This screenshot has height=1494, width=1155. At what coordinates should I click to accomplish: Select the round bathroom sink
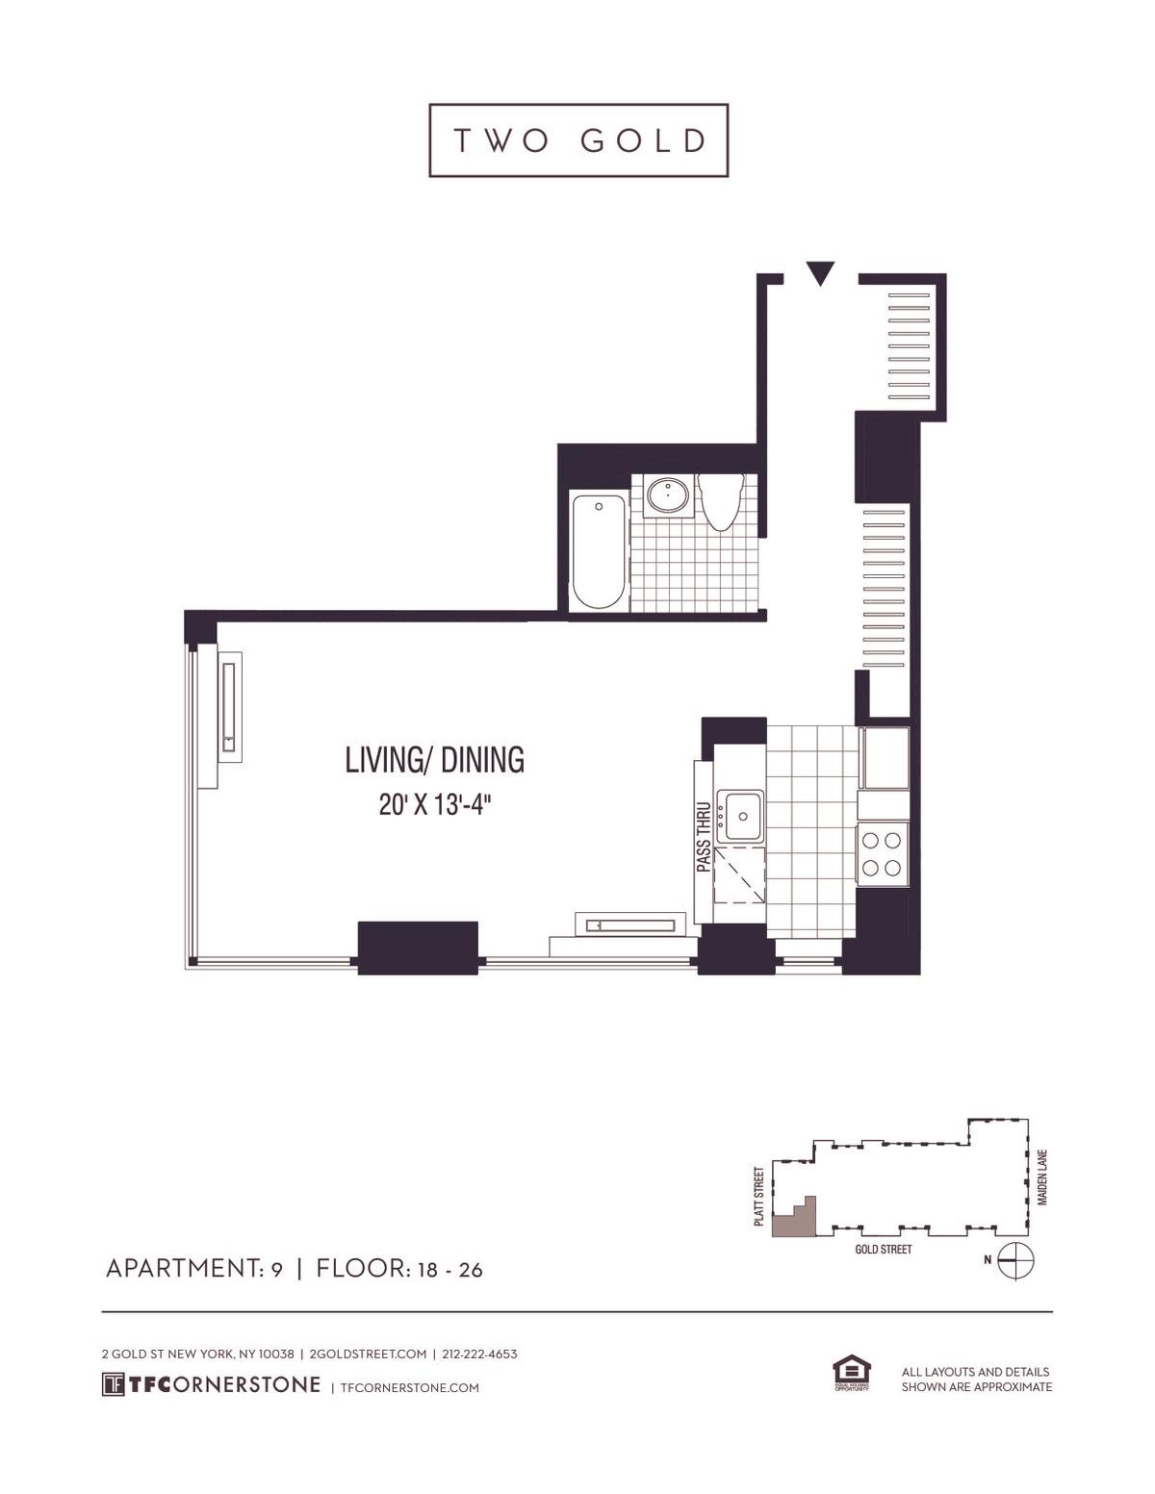click(668, 495)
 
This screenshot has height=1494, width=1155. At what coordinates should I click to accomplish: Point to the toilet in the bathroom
click(720, 501)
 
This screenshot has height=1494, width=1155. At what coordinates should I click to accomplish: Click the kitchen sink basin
click(740, 816)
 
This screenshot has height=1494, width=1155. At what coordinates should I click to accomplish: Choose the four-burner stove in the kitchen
click(882, 854)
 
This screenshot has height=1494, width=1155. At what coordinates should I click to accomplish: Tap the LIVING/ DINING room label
click(435, 760)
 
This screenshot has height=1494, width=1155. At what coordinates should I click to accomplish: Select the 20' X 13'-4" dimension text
click(438, 804)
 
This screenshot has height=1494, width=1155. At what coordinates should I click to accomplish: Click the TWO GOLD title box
click(578, 140)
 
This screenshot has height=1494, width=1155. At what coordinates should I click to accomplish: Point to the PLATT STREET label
click(758, 1197)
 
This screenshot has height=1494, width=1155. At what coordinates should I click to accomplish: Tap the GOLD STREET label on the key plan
click(884, 1249)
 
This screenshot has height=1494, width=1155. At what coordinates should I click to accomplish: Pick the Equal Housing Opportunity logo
click(852, 1374)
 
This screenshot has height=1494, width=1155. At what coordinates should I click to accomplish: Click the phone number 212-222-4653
click(479, 1355)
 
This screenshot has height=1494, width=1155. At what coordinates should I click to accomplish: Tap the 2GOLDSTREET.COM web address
click(368, 1355)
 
